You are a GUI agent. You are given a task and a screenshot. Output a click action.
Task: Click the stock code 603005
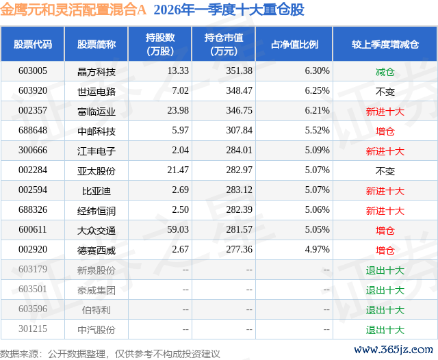[x=33, y=71]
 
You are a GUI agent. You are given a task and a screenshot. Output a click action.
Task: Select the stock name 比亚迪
[x=96, y=191]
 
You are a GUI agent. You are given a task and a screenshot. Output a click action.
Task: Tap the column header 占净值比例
[x=294, y=44]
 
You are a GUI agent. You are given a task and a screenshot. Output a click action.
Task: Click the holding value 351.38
[x=239, y=71]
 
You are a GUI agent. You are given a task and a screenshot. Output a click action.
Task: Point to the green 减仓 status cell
[x=385, y=72]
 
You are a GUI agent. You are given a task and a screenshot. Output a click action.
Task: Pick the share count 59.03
[x=178, y=229]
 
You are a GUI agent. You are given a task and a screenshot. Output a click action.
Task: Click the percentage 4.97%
[x=317, y=249]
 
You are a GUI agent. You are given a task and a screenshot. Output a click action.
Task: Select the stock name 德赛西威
[x=96, y=250]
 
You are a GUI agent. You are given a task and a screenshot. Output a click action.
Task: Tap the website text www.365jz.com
[x=394, y=350]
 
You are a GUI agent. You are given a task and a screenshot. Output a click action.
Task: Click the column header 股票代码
[x=33, y=44]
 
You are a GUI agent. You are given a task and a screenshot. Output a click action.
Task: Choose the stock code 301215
[x=33, y=329]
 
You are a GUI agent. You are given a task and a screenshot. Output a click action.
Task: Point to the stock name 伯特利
[x=96, y=310]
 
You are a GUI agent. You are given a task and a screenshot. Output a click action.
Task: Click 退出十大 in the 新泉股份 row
[x=385, y=270]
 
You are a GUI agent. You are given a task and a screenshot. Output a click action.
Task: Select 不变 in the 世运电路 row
[x=385, y=92]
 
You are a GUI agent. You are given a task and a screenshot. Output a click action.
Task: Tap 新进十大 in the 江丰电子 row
[x=385, y=151]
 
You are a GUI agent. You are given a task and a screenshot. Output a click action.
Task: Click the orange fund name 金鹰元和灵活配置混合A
[x=73, y=10]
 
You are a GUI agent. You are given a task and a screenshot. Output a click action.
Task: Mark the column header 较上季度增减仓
[x=385, y=44]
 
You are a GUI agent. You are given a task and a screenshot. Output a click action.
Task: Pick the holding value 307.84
[x=239, y=131]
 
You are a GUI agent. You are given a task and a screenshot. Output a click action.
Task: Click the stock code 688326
[x=33, y=209]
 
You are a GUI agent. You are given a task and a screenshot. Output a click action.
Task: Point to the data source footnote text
[x=109, y=354]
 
